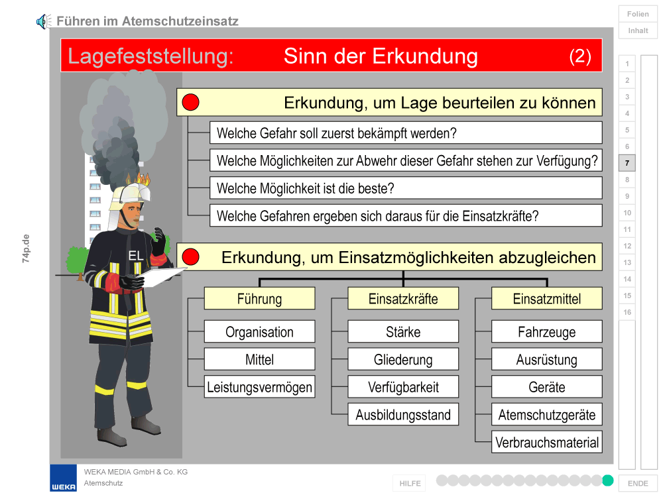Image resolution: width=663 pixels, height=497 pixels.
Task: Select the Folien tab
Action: tap(638, 14)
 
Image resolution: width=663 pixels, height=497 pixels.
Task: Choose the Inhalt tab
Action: tap(638, 30)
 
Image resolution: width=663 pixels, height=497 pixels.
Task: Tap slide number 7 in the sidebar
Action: tap(627, 163)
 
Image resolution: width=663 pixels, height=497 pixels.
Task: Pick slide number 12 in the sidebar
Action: tap(627, 246)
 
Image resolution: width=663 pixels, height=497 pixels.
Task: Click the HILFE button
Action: tap(410, 483)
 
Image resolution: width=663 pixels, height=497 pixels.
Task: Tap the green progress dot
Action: tap(607, 480)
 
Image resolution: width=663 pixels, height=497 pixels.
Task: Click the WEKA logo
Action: tap(64, 478)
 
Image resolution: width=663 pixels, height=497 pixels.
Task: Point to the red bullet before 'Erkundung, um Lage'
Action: tap(190, 102)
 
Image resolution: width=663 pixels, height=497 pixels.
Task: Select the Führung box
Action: tap(260, 299)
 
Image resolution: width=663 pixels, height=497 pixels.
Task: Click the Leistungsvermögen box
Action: tap(260, 387)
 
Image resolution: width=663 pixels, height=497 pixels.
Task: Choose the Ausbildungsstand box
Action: tap(403, 415)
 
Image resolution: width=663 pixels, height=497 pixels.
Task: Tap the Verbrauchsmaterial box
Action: tap(547, 443)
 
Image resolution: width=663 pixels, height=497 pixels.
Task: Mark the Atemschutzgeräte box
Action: tap(547, 415)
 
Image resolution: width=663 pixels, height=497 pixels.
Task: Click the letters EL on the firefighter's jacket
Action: tap(136, 256)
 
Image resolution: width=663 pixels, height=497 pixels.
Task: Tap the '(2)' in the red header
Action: tap(580, 56)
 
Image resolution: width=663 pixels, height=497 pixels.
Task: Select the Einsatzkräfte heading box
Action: tap(403, 299)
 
